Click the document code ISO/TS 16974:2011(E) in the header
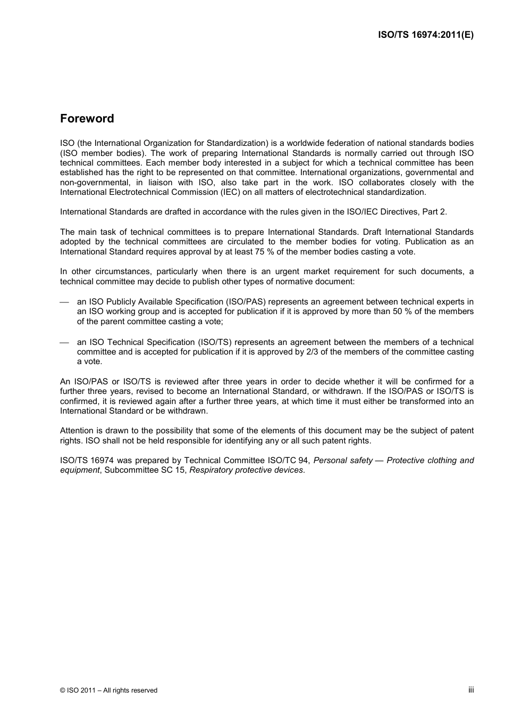tap(425, 35)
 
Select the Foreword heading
tap(87, 119)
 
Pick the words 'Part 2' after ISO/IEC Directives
tap(434, 212)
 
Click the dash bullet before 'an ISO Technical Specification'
tap(64, 343)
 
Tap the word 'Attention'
tap(77, 431)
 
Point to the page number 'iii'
tap(471, 690)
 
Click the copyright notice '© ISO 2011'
tap(78, 690)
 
